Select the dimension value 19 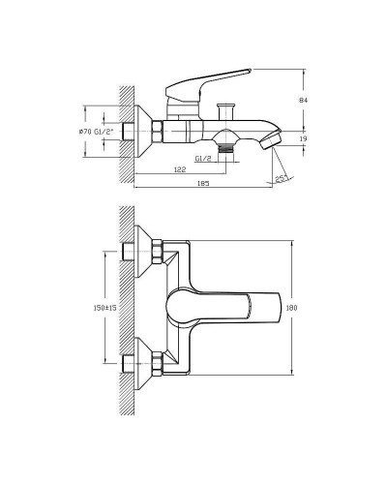[x=305, y=139]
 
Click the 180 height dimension [x=302, y=308]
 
